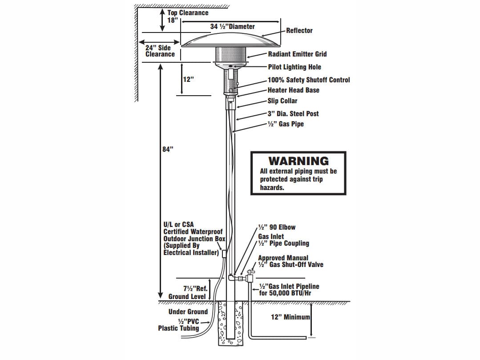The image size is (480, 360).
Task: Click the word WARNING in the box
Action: pos(298,161)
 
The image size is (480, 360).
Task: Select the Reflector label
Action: pos(299,31)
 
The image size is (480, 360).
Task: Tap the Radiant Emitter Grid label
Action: pos(297,54)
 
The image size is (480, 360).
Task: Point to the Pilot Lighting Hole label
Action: pos(294,67)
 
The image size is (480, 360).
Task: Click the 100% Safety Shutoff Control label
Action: pos(308,80)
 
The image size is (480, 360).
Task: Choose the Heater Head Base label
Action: pos(293,90)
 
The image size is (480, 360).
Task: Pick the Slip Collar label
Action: pos(282,101)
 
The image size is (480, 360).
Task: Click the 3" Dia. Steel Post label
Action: pos(293,114)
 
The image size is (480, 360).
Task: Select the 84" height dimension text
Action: pos(167,150)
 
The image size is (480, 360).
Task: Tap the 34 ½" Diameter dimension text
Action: pos(232,27)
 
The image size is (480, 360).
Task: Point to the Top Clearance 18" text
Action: pos(187,16)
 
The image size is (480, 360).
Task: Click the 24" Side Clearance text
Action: pos(160,51)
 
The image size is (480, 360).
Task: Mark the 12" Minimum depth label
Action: pos(290,318)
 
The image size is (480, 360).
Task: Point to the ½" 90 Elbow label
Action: pos(277,227)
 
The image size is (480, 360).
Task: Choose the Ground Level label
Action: pos(187,297)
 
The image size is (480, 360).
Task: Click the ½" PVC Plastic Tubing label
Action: pos(179,325)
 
